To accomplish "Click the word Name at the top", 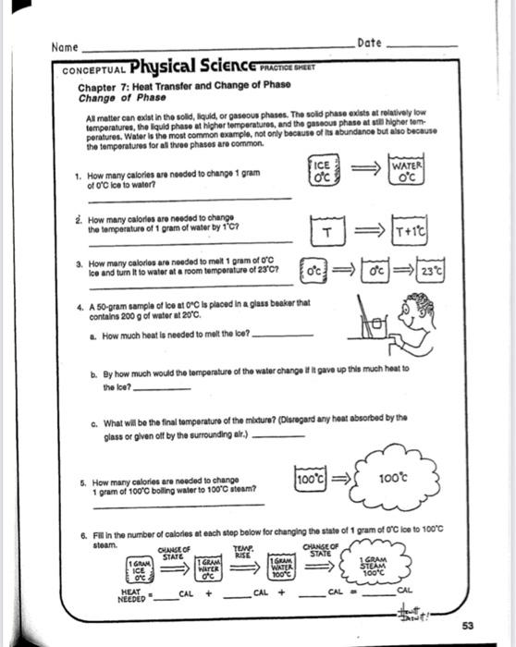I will tap(64, 46).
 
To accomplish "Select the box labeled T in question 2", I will tap(326, 229).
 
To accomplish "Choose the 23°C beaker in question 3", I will tap(432, 274).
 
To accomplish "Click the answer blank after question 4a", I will tap(282, 335).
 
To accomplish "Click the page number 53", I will tap(469, 626).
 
